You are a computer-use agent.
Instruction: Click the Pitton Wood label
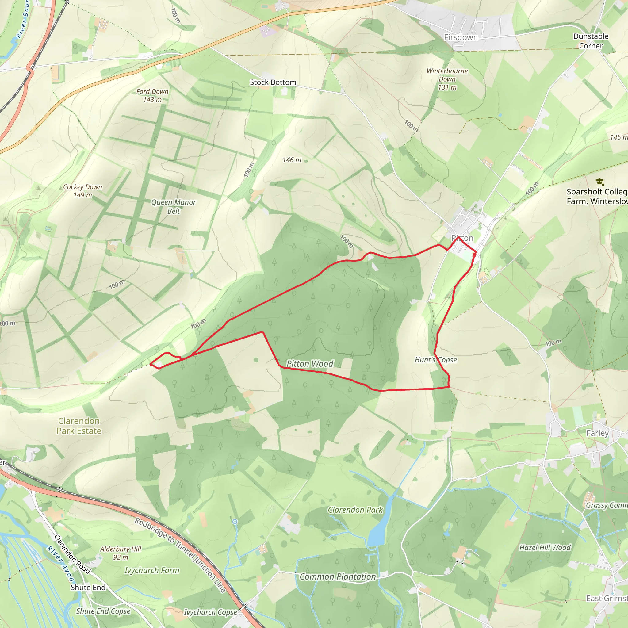pos(310,363)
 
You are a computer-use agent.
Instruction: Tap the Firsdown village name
pos(461,37)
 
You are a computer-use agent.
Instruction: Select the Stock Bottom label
pos(273,82)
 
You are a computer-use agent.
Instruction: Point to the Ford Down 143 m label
pos(152,96)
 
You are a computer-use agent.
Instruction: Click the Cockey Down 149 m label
pos(82,191)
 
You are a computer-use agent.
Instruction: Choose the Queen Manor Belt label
pos(173,206)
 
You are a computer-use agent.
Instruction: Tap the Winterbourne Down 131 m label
pos(447,79)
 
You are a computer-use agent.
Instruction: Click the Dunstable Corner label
pos(591,41)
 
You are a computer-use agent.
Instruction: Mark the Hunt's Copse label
pos(435,359)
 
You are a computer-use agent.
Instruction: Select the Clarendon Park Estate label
pos(79,426)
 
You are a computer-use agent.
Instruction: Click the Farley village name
pos(597,433)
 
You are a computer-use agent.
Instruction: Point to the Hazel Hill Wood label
pos(545,548)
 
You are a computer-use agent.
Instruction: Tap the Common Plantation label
pos(337,577)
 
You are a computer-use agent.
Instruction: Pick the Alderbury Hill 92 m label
pos(121,553)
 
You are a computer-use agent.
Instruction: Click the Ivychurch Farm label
pos(152,570)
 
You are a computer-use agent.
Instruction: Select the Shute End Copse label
pos(103,611)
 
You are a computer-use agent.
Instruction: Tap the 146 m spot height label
pos(292,160)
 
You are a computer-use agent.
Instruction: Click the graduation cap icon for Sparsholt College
pos(599,182)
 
